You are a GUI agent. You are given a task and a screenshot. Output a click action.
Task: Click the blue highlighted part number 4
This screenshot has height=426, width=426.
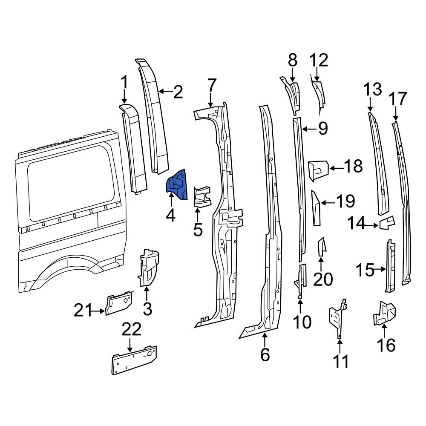tap(177, 185)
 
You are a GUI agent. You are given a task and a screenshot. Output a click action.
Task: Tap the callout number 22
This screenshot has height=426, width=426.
tap(132, 329)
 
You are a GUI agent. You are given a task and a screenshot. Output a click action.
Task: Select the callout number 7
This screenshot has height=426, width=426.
tap(212, 86)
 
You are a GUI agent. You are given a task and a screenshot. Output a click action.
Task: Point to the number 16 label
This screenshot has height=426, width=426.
tap(386, 345)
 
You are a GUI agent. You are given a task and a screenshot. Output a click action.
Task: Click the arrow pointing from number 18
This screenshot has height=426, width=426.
tap(336, 169)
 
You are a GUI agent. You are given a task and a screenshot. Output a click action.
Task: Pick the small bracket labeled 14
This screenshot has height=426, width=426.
tap(387, 223)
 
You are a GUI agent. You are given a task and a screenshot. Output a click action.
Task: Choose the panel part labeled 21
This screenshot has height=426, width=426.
tap(119, 302)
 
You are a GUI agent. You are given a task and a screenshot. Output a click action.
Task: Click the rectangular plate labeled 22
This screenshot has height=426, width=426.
tap(134, 360)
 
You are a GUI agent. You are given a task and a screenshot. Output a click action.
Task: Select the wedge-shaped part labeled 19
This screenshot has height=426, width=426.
tap(316, 208)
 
